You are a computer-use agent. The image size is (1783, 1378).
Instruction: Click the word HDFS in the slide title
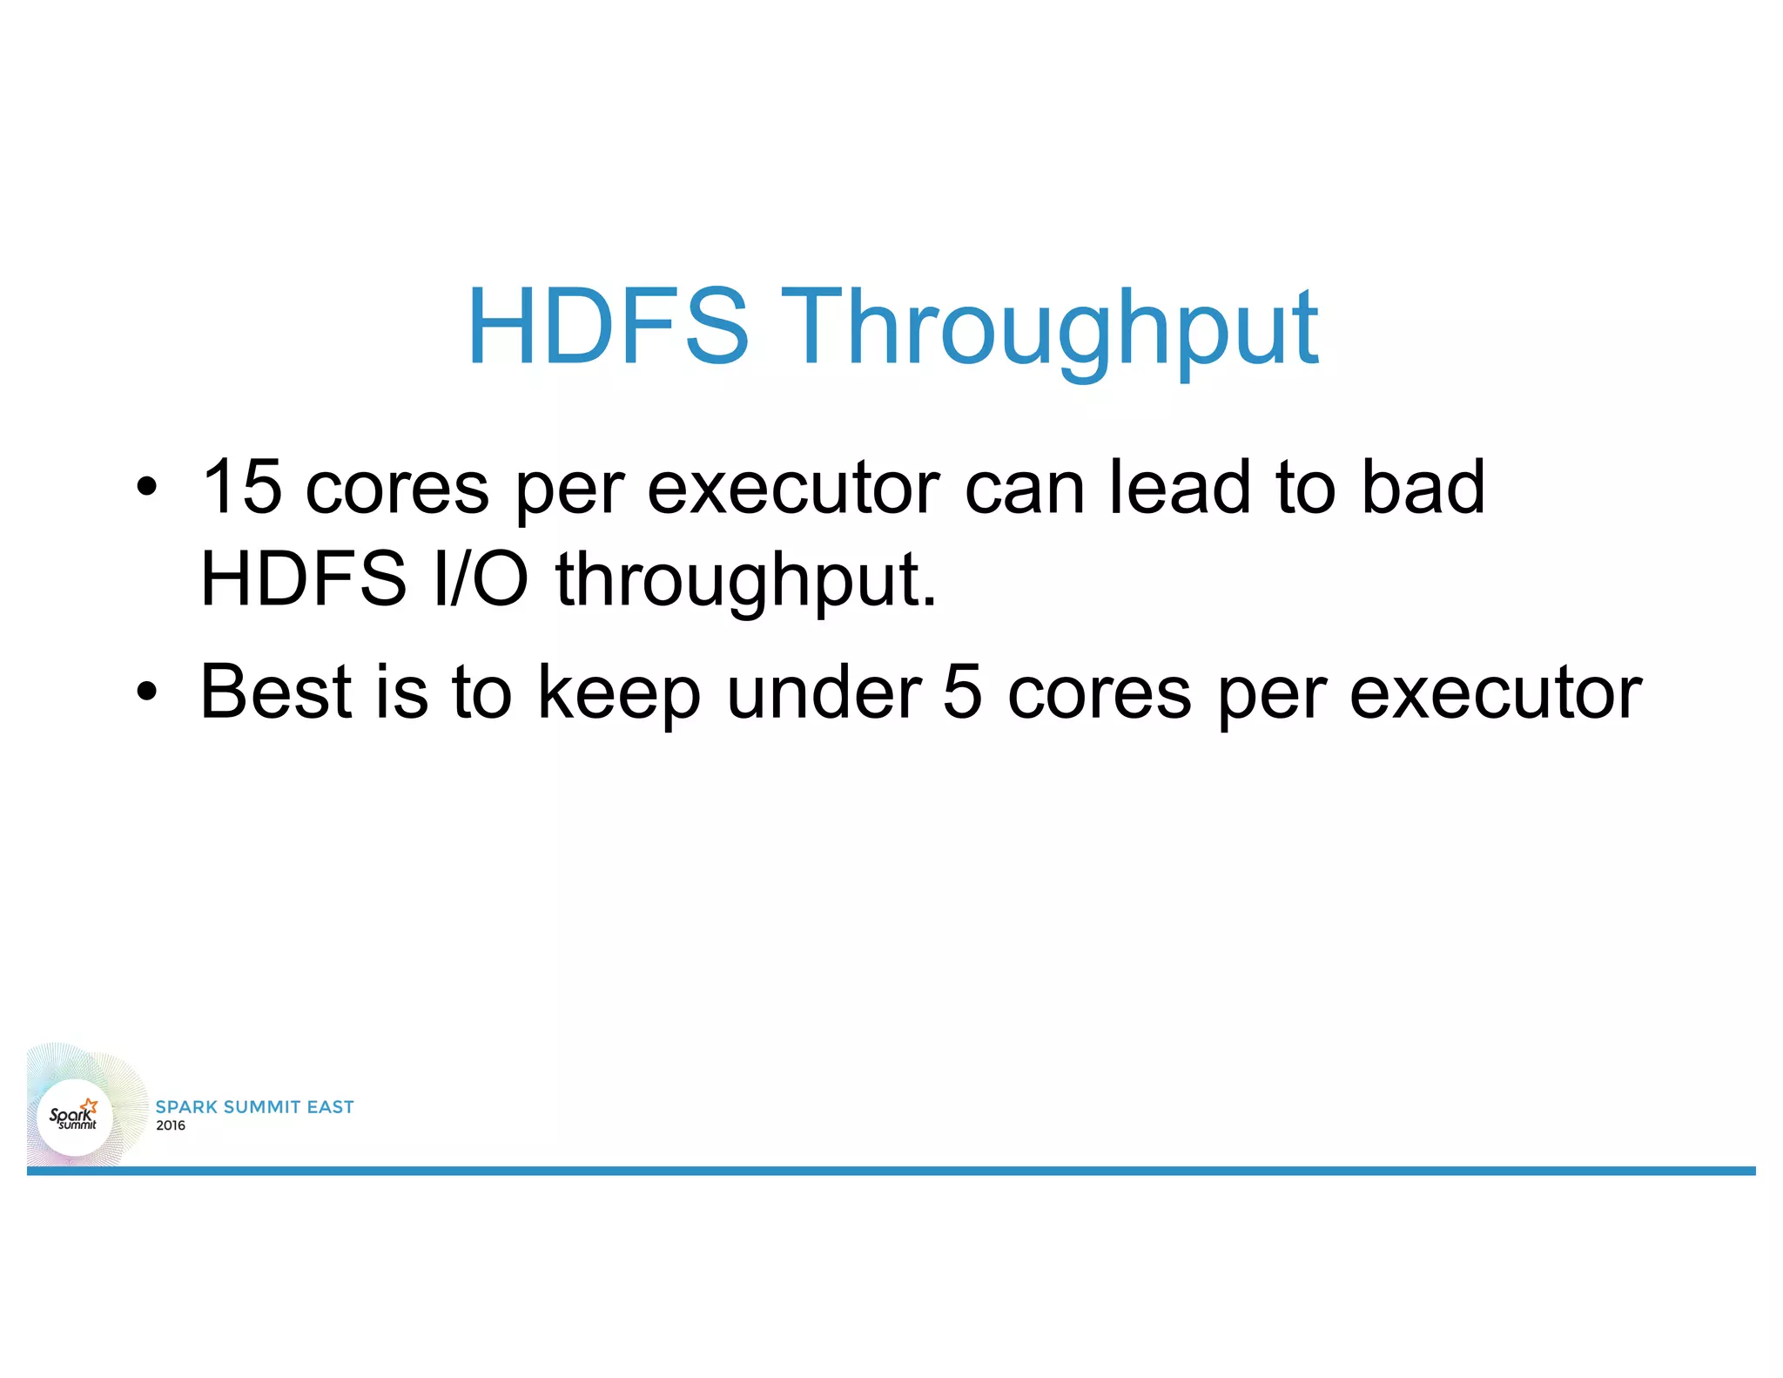608,327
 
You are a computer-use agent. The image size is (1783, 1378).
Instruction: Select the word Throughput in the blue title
1049,331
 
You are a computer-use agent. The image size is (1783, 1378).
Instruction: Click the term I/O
481,578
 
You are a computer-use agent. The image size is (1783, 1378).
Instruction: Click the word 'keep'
619,695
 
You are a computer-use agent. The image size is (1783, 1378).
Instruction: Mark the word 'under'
824,692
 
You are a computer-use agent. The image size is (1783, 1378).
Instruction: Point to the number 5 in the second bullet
962,692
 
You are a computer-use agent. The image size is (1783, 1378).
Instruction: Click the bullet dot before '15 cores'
147,487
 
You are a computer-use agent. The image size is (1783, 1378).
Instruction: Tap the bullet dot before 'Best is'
147,692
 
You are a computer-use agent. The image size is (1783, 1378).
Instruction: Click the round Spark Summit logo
75,1117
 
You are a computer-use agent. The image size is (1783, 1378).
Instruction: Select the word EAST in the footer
330,1107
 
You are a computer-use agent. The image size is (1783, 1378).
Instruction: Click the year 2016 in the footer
171,1125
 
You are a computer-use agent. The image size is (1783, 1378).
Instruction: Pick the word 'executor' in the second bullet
1495,693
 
